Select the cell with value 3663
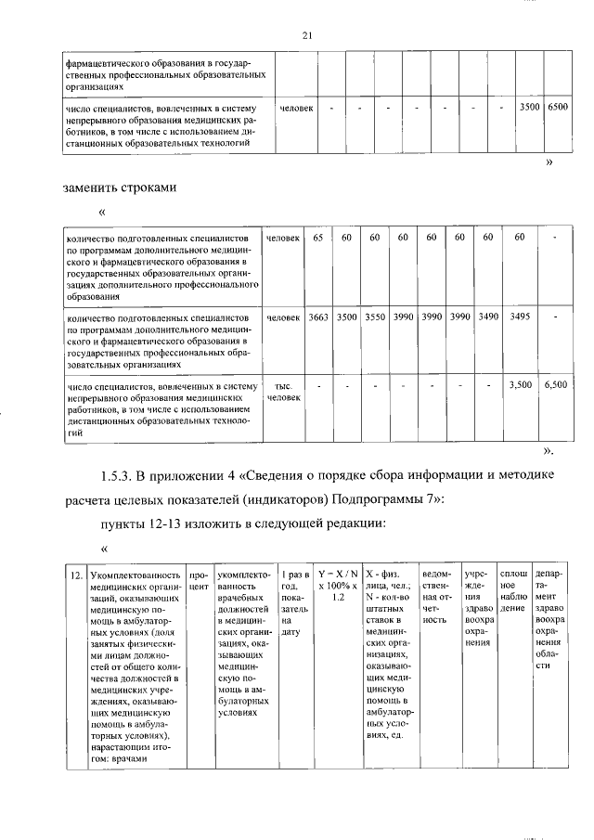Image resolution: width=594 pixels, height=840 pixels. tap(318, 317)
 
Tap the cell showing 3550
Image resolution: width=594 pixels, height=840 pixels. tap(375, 317)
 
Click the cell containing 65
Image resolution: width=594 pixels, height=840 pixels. tap(318, 239)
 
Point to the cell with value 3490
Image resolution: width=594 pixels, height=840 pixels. tap(488, 317)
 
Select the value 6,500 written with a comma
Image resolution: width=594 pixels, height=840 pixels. tap(557, 382)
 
